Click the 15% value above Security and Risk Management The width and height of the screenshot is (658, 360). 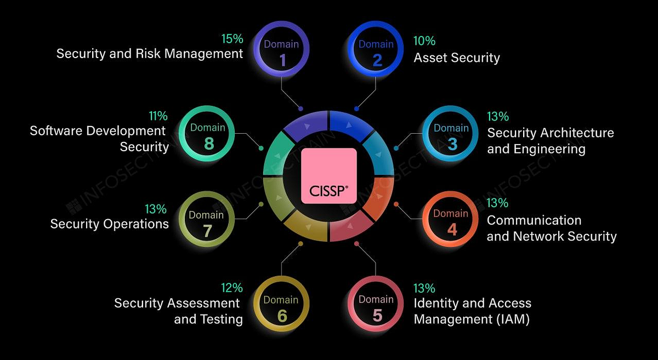(x=232, y=39)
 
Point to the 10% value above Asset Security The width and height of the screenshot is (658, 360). (x=424, y=41)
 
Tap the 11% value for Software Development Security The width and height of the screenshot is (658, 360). (x=158, y=116)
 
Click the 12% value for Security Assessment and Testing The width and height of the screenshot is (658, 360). (x=232, y=288)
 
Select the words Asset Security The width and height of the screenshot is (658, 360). (x=457, y=58)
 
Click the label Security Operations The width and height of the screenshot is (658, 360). (x=110, y=224)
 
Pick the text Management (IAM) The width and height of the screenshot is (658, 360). (x=472, y=319)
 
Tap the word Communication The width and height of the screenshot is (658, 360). (x=534, y=220)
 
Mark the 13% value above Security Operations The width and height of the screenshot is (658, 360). (x=156, y=209)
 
